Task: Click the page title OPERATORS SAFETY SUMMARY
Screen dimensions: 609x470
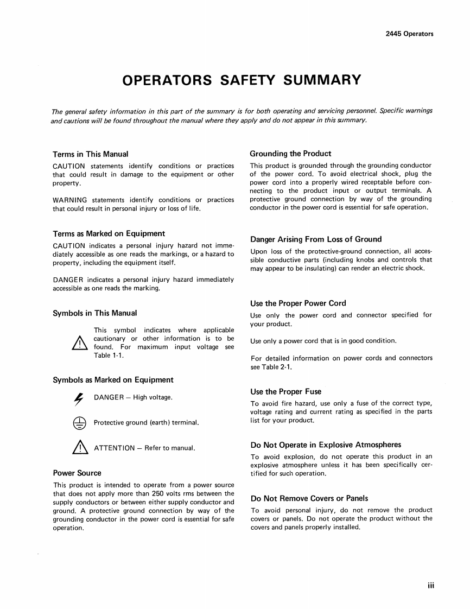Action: [x=242, y=80]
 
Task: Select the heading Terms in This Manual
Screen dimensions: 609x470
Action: [x=90, y=154]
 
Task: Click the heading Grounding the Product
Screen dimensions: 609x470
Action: [x=290, y=154]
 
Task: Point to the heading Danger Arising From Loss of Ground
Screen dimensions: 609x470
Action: [x=316, y=239]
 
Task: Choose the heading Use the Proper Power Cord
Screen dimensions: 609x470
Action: [x=298, y=303]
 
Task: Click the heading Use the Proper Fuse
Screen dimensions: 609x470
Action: [x=285, y=391]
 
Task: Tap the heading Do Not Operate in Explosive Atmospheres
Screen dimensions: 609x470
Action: [x=326, y=445]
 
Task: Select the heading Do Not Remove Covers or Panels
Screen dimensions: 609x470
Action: [x=309, y=498]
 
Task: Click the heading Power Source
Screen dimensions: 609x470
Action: [x=77, y=473]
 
